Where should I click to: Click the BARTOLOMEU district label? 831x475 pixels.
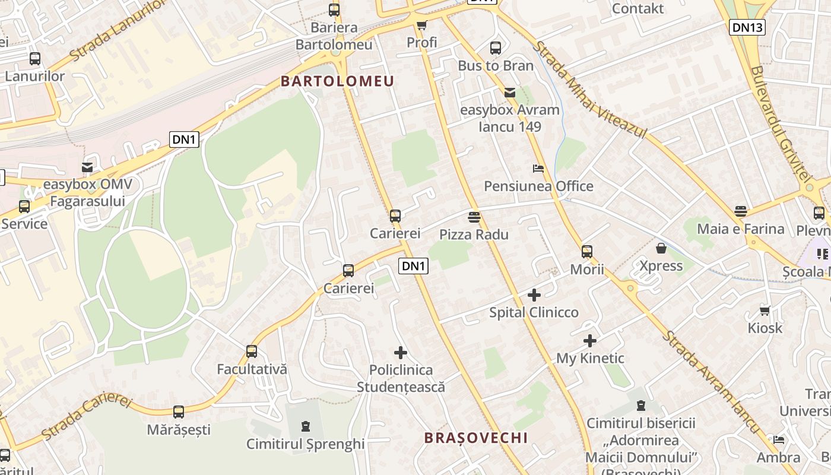point(337,81)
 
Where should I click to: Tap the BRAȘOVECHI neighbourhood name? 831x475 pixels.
point(476,438)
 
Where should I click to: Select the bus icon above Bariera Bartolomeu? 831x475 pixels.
point(334,9)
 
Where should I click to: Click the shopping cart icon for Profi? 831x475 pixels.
point(421,25)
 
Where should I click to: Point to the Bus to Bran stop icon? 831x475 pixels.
point(496,48)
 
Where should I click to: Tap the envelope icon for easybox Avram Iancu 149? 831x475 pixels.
point(509,92)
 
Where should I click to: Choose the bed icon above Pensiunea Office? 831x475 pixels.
point(538,169)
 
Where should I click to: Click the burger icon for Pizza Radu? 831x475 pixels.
point(474,217)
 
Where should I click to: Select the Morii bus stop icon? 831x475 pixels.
point(587,252)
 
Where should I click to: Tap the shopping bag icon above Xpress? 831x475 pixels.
point(661,248)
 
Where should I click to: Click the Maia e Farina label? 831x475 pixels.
point(740,229)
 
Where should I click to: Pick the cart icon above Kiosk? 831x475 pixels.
point(765,311)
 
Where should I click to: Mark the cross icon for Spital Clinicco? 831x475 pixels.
point(534,294)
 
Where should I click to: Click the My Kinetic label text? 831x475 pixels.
point(590,358)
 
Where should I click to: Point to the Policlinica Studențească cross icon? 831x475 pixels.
point(401,353)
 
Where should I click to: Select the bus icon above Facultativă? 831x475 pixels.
point(252,351)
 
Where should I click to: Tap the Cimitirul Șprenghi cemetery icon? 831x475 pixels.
point(305,426)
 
